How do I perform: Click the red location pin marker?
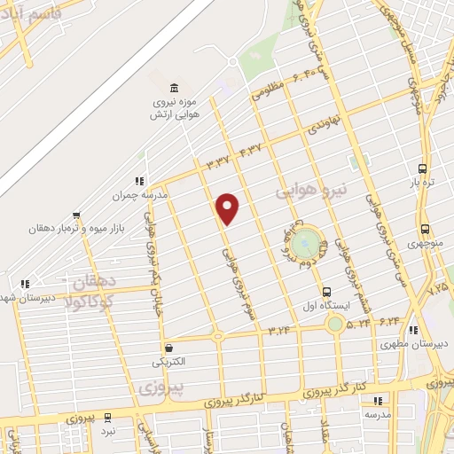(228, 208)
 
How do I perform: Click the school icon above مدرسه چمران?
(139, 181)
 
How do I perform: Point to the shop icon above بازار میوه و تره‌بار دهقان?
(78, 215)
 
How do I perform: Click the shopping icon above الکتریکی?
(168, 348)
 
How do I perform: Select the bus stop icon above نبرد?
(108, 417)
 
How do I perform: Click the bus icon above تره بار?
(422, 168)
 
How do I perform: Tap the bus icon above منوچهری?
(425, 228)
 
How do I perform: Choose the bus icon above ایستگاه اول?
(327, 291)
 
